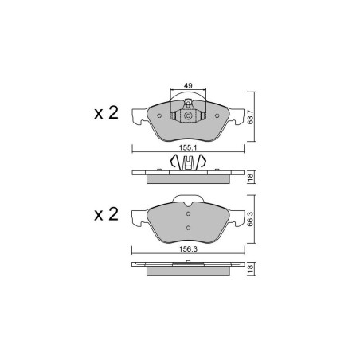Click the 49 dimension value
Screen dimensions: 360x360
point(188,86)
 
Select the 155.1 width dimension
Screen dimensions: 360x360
point(188,147)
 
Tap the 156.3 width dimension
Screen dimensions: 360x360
point(188,249)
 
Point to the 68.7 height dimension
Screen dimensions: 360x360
point(250,117)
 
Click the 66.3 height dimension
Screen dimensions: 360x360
point(250,219)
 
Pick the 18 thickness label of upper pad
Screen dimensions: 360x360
point(250,177)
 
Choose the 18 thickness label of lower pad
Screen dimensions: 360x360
point(250,268)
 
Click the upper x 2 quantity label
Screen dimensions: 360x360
point(106,113)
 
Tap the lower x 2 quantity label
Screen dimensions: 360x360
point(106,214)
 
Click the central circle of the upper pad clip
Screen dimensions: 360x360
point(188,115)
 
